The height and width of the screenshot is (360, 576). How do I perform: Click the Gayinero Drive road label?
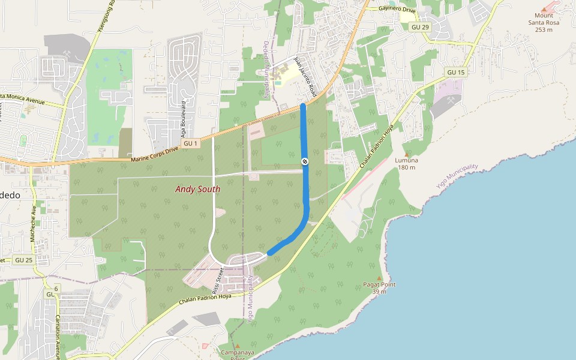(397, 9)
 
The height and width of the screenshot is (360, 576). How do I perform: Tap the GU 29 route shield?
(421, 28)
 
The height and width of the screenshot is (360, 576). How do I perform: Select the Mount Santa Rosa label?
(544, 23)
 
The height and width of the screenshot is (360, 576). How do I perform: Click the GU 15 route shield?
(456, 73)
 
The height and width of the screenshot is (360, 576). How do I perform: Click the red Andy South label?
(197, 189)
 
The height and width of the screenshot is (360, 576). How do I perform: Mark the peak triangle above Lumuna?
(407, 154)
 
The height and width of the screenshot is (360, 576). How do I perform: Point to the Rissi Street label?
(220, 277)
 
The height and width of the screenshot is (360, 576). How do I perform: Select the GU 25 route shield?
(24, 260)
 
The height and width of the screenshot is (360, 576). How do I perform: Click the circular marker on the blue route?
(305, 161)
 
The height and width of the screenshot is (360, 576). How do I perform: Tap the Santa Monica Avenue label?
(23, 98)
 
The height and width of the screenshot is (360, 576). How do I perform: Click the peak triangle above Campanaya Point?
(237, 346)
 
